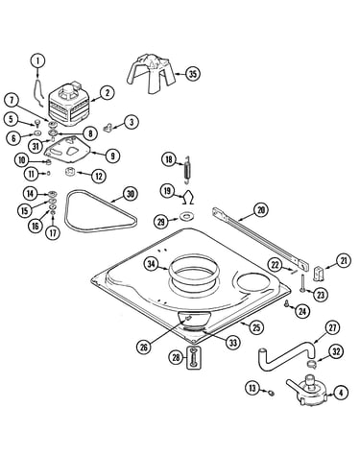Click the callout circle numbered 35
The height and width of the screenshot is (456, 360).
click(x=192, y=74)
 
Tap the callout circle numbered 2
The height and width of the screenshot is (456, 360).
click(x=107, y=93)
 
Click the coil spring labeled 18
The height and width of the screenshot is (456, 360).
click(x=187, y=170)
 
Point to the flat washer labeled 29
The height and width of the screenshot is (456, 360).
click(x=185, y=216)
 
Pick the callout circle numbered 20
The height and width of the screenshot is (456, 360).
click(x=261, y=210)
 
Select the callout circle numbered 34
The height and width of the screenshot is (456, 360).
click(x=151, y=264)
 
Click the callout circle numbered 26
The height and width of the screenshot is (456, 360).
click(x=144, y=347)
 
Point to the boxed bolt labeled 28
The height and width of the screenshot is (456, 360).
click(x=194, y=358)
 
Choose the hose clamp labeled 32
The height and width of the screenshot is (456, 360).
click(x=310, y=364)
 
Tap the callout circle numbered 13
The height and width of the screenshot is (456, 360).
click(x=252, y=388)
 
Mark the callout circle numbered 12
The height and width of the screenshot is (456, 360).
click(x=98, y=176)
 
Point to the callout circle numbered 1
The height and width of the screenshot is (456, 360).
click(x=37, y=60)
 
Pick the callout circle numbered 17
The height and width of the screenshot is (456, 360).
click(x=53, y=232)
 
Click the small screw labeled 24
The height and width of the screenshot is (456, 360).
click(x=287, y=303)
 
